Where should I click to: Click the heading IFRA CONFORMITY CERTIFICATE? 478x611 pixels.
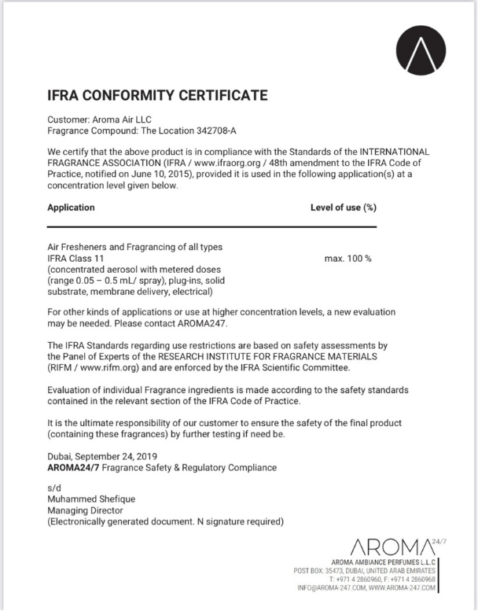click(x=158, y=96)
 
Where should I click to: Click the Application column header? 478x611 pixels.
click(x=72, y=208)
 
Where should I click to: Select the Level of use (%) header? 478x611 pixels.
click(x=344, y=208)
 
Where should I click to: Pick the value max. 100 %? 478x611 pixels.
click(x=347, y=258)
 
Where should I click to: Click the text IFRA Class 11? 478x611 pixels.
click(x=76, y=258)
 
